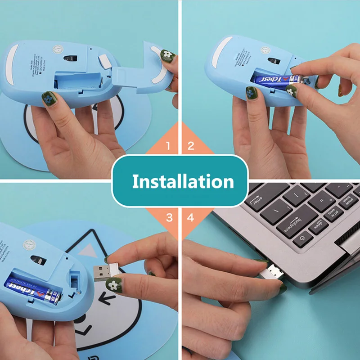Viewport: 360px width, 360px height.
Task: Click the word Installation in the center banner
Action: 183,181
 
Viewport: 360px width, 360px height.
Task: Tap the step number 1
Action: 168,146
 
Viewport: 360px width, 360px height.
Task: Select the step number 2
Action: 191,146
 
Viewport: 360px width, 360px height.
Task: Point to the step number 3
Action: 169,218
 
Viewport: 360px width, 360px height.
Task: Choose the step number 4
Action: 191,218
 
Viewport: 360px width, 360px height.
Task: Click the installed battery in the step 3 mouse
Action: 34,288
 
